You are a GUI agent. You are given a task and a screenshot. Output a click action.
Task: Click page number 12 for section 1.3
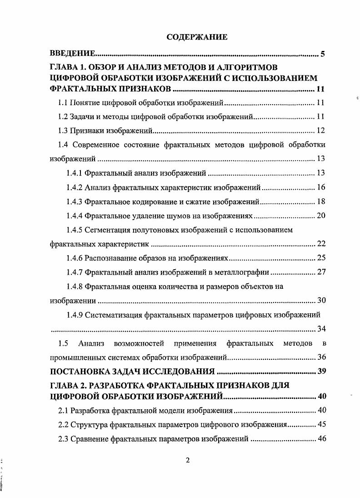click(x=321, y=131)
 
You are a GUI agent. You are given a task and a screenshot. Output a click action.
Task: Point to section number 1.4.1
click(x=75, y=173)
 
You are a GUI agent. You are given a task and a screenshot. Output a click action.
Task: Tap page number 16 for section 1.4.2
click(x=321, y=187)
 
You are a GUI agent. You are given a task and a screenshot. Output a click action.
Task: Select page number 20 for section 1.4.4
click(x=321, y=216)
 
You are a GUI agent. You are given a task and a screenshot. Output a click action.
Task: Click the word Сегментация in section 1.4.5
click(x=107, y=230)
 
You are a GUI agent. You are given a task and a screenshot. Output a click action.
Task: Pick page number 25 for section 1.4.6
click(x=321, y=258)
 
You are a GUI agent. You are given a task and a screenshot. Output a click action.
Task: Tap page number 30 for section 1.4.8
click(x=321, y=301)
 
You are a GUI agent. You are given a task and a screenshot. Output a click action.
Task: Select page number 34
click(x=321, y=329)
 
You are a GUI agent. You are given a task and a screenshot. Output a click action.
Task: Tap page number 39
click(x=321, y=371)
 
